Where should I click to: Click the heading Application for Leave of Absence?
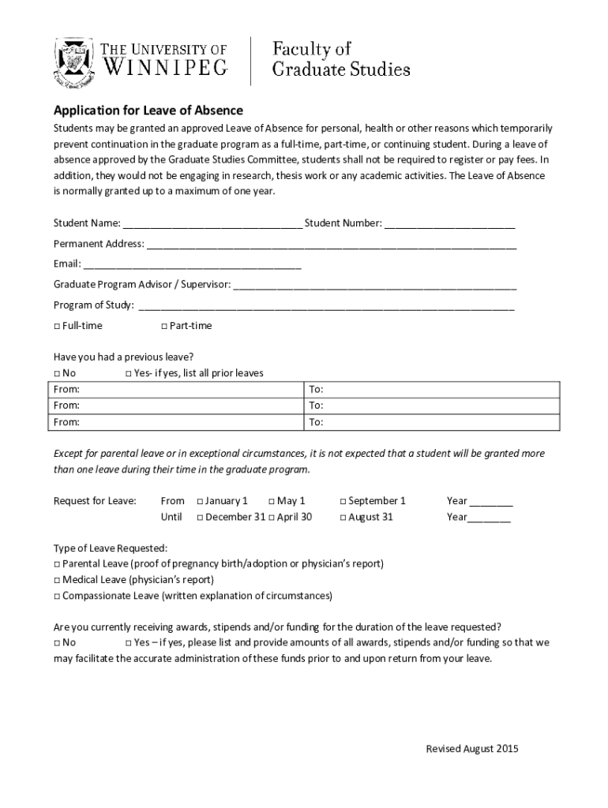[x=148, y=110]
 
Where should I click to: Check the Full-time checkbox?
[x=58, y=326]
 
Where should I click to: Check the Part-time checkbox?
[x=164, y=326]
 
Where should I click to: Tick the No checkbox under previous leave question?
[x=58, y=373]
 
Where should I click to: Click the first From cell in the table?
[x=177, y=390]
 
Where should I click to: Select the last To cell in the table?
[x=433, y=422]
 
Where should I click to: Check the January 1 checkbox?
[x=201, y=501]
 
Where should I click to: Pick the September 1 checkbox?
[x=343, y=501]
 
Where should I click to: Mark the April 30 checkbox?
[x=272, y=518]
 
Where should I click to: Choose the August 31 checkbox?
[x=343, y=518]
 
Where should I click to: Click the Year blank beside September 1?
[x=491, y=502]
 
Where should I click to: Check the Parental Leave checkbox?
[x=58, y=564]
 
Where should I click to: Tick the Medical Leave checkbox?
[x=58, y=580]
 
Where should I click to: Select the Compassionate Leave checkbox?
[x=58, y=596]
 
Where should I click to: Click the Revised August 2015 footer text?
[x=472, y=749]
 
